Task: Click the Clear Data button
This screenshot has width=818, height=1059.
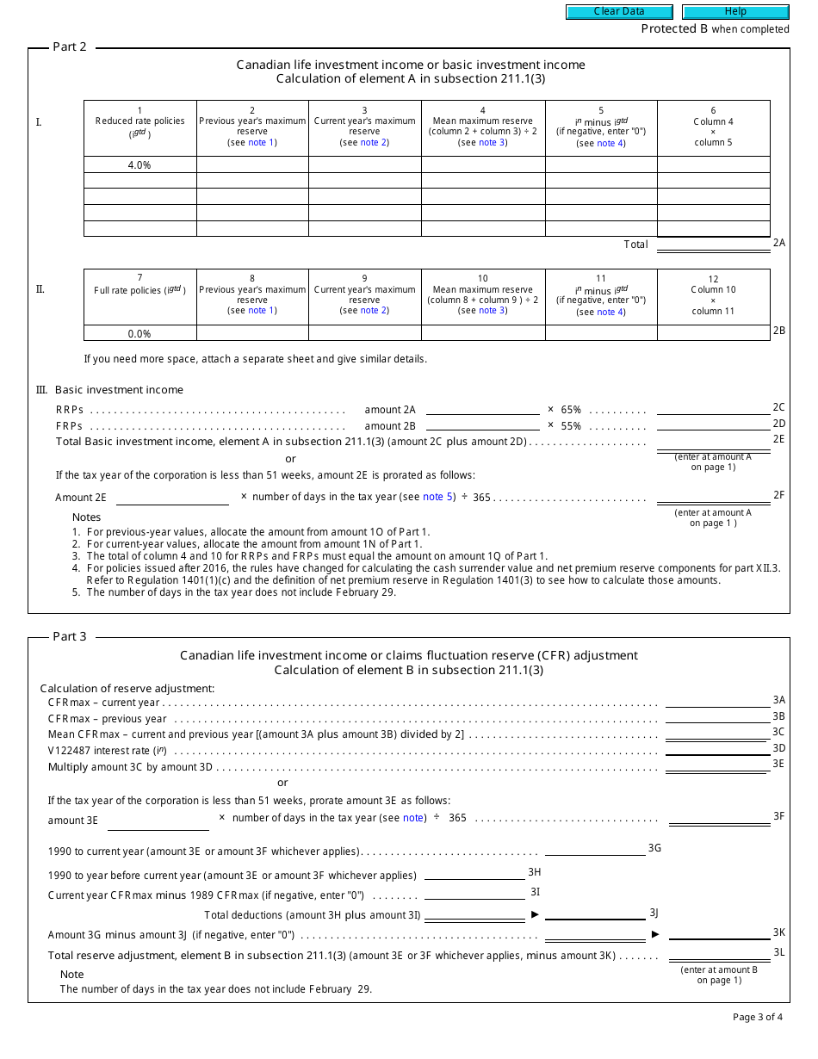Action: click(x=619, y=12)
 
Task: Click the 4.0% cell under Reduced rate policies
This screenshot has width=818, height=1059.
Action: click(x=139, y=164)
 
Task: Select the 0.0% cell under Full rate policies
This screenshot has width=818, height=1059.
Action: click(x=139, y=333)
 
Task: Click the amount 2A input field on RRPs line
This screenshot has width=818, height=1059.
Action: click(x=482, y=409)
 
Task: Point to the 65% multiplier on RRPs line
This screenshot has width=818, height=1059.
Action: click(x=571, y=410)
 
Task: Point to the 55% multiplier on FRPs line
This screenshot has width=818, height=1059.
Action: click(x=571, y=425)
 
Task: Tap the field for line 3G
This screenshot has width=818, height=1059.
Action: click(x=594, y=849)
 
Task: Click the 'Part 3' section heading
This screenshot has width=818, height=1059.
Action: click(x=70, y=636)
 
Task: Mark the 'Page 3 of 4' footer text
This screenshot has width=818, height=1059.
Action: click(x=757, y=1017)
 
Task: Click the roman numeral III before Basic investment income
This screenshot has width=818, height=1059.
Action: click(x=41, y=390)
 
